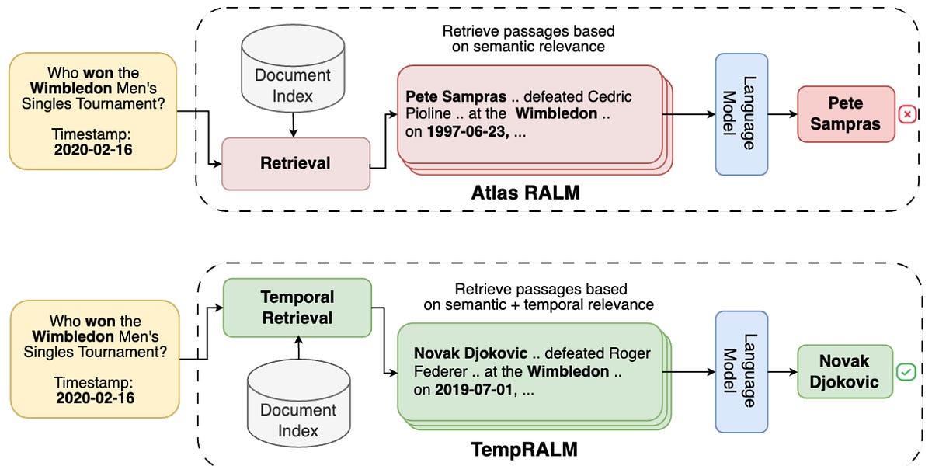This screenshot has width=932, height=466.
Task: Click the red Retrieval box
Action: (295, 164)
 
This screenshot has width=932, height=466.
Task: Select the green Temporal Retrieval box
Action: (297, 308)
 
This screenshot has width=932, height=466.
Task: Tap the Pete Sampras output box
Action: (845, 114)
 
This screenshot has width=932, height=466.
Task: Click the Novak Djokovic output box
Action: (844, 372)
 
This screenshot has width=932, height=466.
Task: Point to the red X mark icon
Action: (906, 115)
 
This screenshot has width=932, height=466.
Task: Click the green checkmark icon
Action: (906, 373)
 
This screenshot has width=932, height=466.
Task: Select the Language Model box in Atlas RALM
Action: (741, 113)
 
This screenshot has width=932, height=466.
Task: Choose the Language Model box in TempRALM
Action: (740, 372)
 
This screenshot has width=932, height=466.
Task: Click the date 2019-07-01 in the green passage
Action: (473, 389)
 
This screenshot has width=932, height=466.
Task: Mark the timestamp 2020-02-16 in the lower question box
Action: (94, 398)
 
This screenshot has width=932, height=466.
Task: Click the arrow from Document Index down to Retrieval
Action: (293, 125)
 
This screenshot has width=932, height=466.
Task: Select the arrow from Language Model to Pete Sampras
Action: (782, 114)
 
